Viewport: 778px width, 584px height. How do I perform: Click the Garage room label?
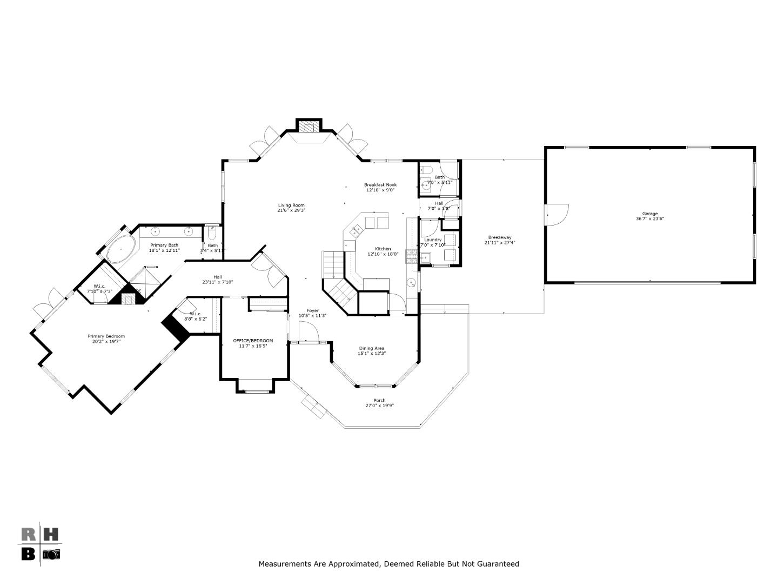pos(649,214)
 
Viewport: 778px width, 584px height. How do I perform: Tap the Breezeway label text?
pos(499,237)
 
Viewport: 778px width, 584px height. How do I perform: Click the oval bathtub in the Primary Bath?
pos(121,249)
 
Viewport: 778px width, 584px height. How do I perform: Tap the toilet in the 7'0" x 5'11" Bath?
pos(426,170)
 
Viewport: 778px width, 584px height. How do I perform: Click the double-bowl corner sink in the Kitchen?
pos(357,231)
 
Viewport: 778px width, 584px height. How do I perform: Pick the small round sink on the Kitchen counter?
pos(411,282)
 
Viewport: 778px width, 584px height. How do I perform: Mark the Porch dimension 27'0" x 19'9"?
pos(379,406)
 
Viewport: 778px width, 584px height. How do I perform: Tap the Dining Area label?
pos(371,348)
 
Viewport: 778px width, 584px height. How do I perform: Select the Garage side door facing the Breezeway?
pos(557,214)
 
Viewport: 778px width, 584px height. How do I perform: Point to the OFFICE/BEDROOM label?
pos(253,341)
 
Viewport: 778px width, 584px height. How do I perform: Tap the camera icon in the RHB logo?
pos(52,554)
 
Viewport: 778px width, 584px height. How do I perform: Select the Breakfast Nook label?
pos(380,185)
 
